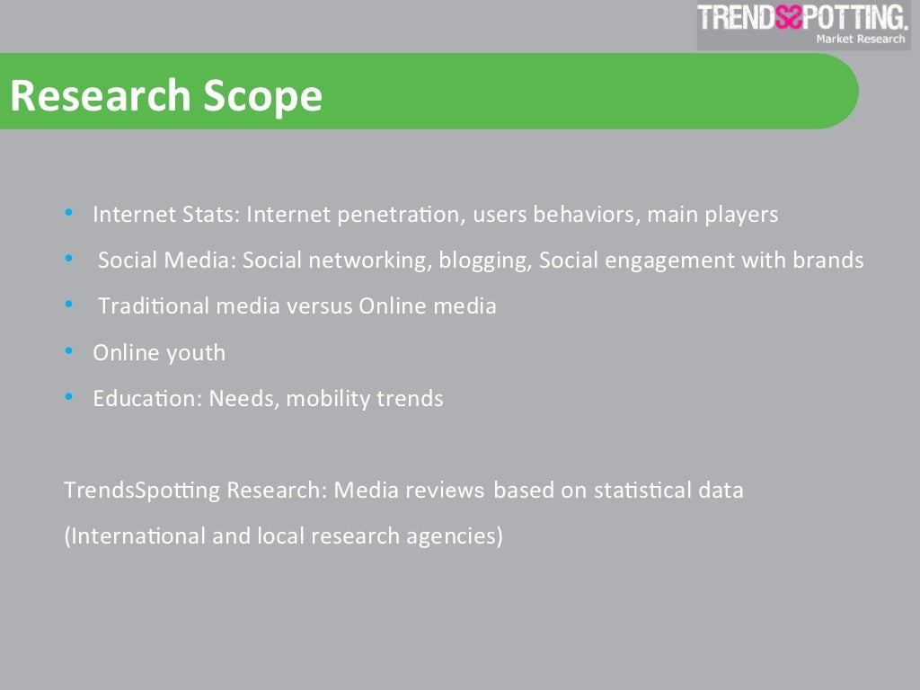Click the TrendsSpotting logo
(802, 18)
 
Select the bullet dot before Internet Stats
(70, 214)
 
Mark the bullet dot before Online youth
(70, 351)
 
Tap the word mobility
(326, 399)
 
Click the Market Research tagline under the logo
(860, 39)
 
